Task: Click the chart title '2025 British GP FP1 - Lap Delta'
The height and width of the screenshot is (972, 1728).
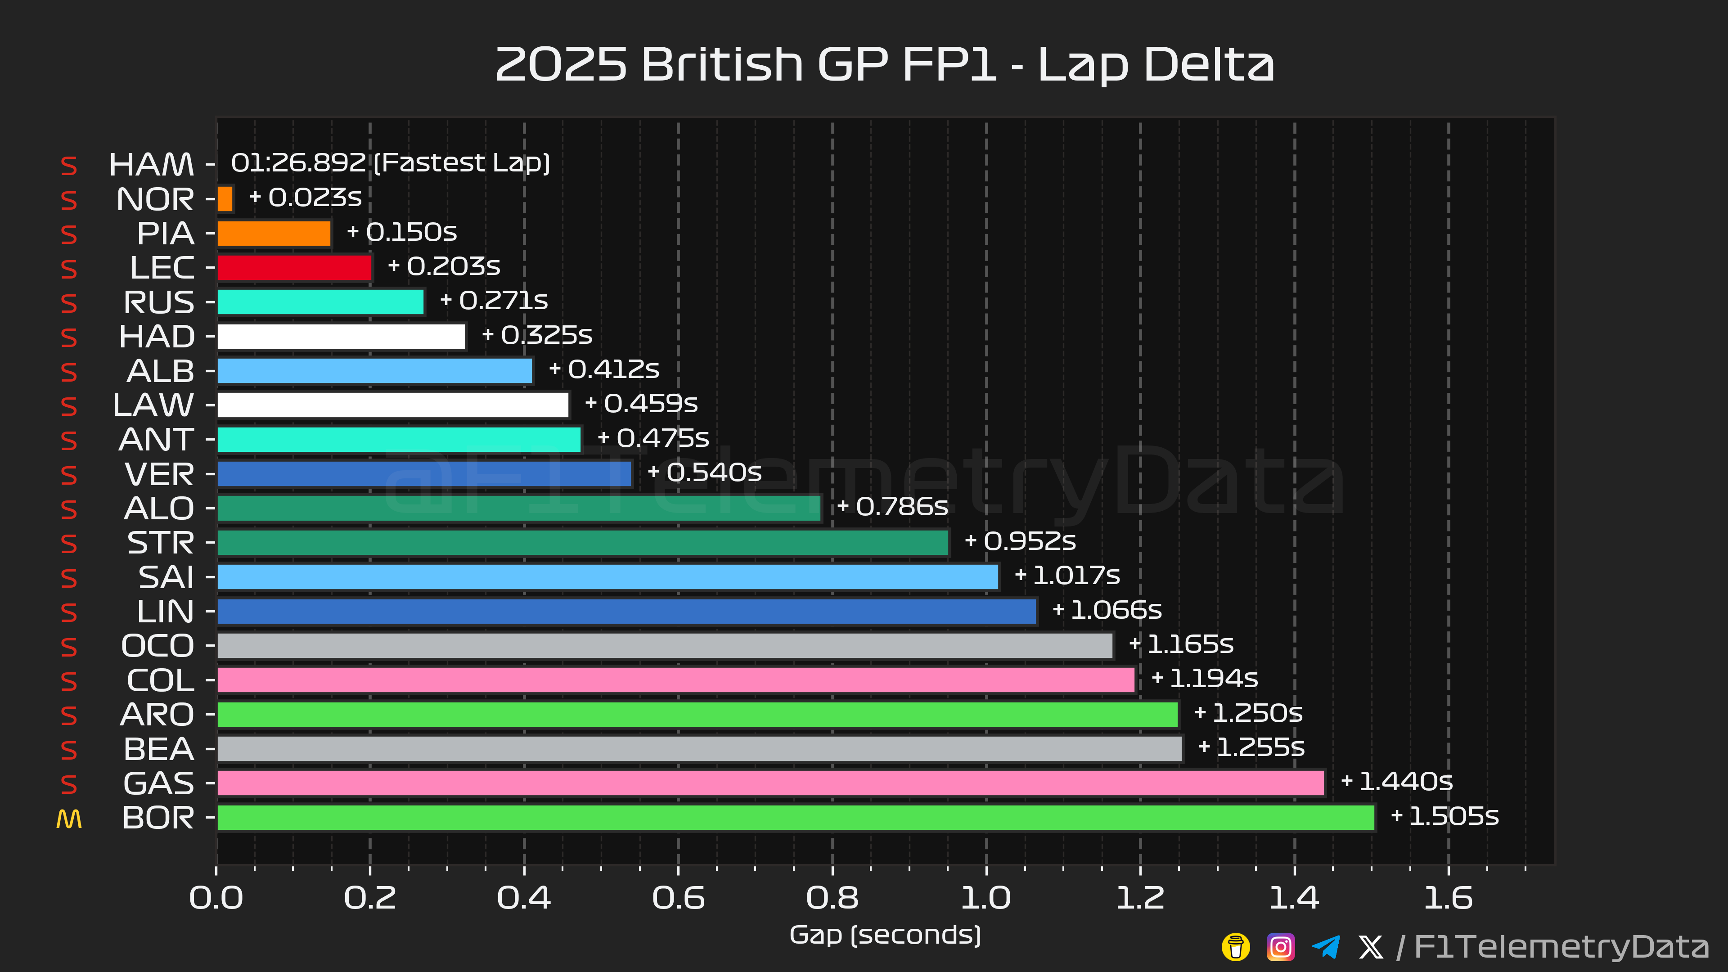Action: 884,65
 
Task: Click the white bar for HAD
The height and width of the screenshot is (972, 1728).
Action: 342,337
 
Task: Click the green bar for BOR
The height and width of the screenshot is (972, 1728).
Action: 796,817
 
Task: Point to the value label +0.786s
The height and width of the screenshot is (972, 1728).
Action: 893,506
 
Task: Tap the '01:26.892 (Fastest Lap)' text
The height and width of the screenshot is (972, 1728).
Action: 391,163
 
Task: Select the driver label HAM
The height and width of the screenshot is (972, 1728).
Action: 152,164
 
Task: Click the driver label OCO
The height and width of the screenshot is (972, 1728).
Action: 157,646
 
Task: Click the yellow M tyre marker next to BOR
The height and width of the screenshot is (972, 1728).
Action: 69,819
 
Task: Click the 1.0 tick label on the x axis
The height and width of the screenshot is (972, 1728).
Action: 986,898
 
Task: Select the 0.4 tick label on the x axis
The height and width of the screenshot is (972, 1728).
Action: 524,898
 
